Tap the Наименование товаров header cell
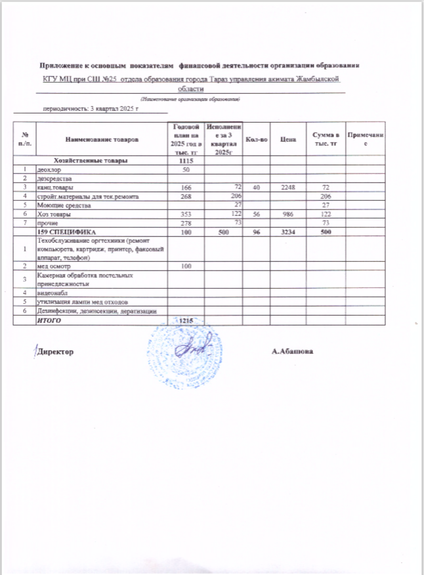click(x=102, y=139)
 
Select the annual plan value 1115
click(x=184, y=160)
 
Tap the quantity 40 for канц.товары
click(x=256, y=188)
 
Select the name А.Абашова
click(x=293, y=351)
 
